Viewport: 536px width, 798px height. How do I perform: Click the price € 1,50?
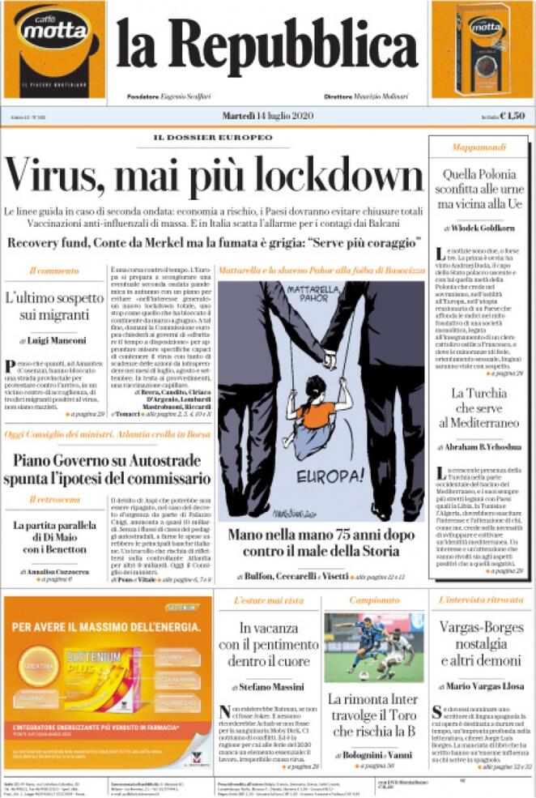[513, 116]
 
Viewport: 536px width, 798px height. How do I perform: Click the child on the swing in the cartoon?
[317, 409]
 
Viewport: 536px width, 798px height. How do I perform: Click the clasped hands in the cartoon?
[329, 360]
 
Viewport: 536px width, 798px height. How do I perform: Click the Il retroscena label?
[55, 499]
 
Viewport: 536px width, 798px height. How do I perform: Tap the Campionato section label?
[374, 600]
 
